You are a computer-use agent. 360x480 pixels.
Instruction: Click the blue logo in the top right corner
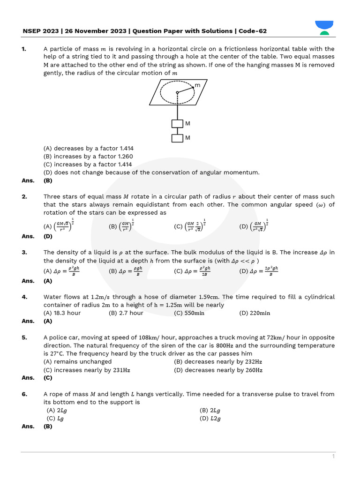(x=324, y=27)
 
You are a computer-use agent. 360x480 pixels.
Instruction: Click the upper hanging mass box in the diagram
(x=177, y=124)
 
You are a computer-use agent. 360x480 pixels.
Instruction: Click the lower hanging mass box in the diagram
(x=177, y=138)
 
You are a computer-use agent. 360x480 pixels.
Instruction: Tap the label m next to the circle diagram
(x=197, y=85)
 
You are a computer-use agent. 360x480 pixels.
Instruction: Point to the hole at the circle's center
(x=177, y=92)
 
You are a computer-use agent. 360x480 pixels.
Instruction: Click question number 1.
(x=24, y=49)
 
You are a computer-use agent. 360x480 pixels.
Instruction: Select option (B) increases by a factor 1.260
(x=88, y=157)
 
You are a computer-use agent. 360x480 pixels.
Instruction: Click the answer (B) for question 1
(x=48, y=180)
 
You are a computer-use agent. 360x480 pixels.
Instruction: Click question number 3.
(x=24, y=253)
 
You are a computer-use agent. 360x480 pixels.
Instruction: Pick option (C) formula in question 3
(x=192, y=271)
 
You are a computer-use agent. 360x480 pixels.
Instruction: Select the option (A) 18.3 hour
(x=62, y=313)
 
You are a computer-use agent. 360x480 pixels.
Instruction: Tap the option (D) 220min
(x=255, y=313)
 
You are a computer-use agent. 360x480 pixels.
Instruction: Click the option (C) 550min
(x=189, y=313)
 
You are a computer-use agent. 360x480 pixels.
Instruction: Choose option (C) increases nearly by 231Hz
(x=87, y=370)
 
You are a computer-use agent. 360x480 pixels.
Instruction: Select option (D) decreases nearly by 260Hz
(x=218, y=370)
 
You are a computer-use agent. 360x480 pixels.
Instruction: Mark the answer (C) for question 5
(x=48, y=378)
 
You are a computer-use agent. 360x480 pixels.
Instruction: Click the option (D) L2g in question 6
(x=210, y=419)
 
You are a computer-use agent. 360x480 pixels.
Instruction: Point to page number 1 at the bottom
(x=333, y=456)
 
